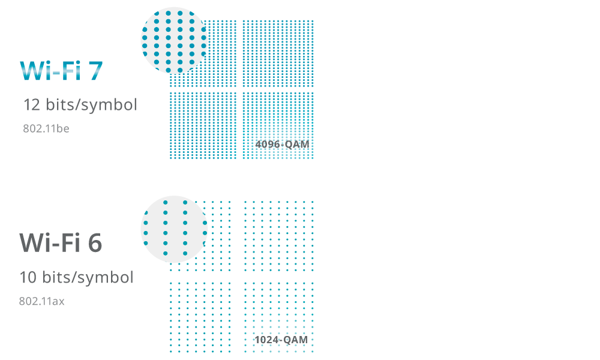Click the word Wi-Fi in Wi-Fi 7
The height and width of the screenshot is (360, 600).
point(51,70)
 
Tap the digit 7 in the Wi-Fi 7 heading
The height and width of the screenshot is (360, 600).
point(95,70)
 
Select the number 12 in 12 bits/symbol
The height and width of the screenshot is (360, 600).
point(31,105)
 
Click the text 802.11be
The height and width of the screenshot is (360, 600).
point(46,128)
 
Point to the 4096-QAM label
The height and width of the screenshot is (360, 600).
point(282,145)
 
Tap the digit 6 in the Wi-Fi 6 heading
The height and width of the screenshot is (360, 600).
point(95,243)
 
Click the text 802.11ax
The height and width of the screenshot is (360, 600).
point(42,301)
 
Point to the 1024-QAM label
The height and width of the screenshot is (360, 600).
point(281,340)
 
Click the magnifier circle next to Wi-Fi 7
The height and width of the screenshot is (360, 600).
point(174,41)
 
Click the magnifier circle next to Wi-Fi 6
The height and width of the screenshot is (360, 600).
point(174,229)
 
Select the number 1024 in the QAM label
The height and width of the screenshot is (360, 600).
point(267,340)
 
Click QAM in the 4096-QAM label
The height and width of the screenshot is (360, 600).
point(298,145)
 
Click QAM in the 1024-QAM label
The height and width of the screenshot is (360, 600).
point(296,340)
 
